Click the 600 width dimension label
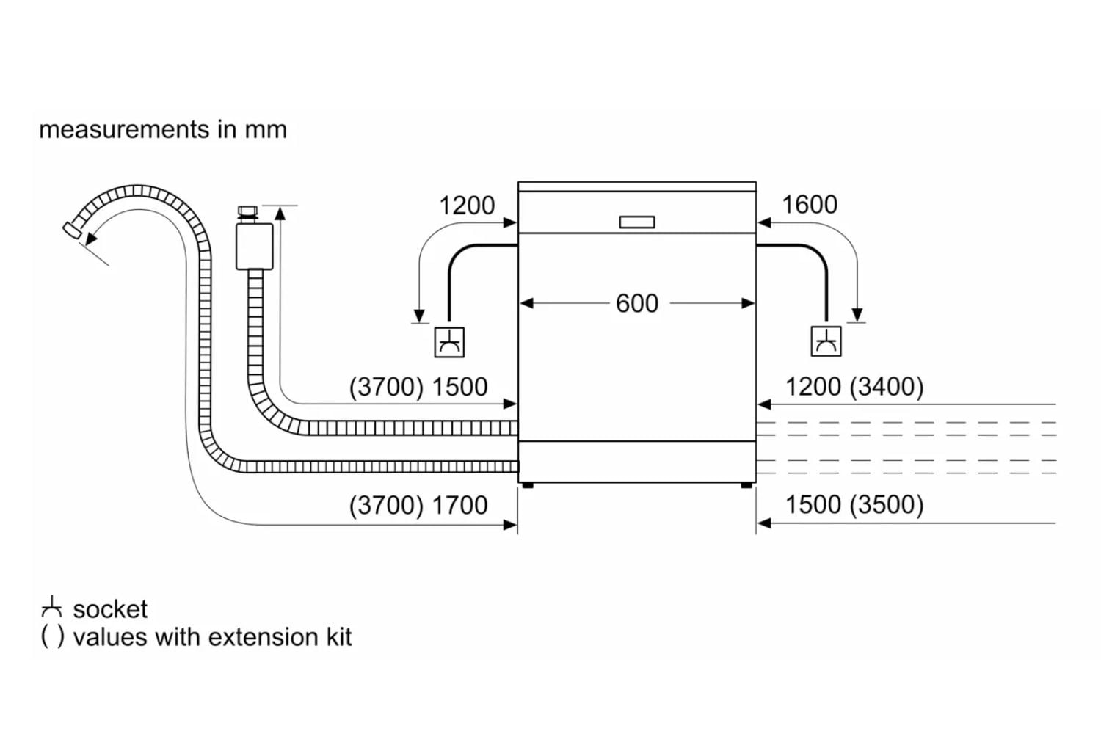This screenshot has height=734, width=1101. pyautogui.click(x=636, y=303)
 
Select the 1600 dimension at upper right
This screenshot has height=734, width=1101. pyautogui.click(x=809, y=205)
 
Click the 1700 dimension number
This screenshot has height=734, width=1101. pyautogui.click(x=459, y=505)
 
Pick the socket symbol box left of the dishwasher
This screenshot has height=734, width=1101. pyautogui.click(x=449, y=342)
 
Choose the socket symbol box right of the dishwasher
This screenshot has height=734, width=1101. pyautogui.click(x=826, y=341)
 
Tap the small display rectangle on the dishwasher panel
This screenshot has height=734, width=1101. pyautogui.click(x=636, y=222)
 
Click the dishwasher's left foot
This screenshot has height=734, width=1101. pyautogui.click(x=528, y=485)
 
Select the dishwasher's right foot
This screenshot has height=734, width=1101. pyautogui.click(x=746, y=485)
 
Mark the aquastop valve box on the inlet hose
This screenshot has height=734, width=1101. pyautogui.click(x=255, y=247)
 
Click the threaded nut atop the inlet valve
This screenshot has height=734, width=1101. pyautogui.click(x=248, y=212)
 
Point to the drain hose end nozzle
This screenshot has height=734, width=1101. pyautogui.click(x=72, y=230)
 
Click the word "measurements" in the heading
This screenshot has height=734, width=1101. pyautogui.click(x=124, y=129)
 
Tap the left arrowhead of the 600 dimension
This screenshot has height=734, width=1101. pyautogui.click(x=526, y=303)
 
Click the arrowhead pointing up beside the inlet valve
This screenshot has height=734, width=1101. pyautogui.click(x=280, y=214)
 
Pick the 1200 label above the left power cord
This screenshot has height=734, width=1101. pyautogui.click(x=466, y=206)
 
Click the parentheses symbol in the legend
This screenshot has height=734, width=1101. pyautogui.click(x=52, y=637)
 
